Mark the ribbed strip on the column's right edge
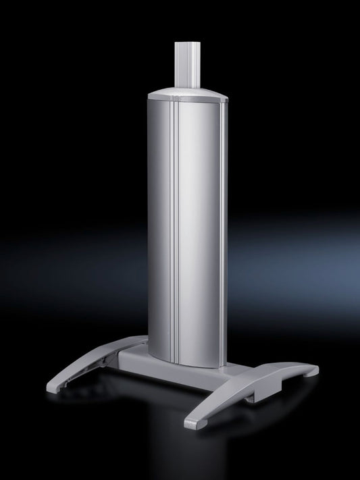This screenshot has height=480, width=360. [x=227, y=223]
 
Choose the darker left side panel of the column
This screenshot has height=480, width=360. [x=158, y=223]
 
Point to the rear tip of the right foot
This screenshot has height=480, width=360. [x=312, y=370]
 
